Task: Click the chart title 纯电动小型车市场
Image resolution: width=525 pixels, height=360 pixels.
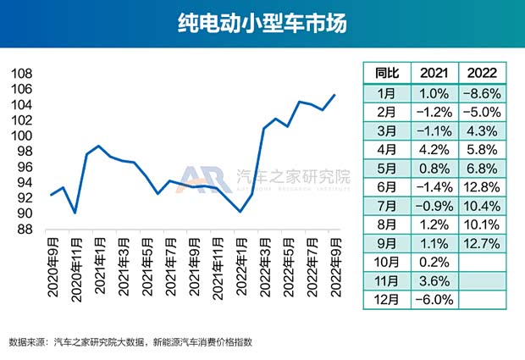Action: [x=262, y=23]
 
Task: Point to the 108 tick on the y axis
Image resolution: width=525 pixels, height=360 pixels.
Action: [x=22, y=74]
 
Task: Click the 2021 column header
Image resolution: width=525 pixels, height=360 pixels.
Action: [x=434, y=73]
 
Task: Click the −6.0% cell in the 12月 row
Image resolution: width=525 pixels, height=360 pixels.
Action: [x=434, y=299]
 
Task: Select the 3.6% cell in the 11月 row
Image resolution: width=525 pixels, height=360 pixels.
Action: [x=434, y=280]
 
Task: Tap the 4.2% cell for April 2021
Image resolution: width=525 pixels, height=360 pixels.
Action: [x=434, y=149]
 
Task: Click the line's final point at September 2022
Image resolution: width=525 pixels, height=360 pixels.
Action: [x=335, y=95]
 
